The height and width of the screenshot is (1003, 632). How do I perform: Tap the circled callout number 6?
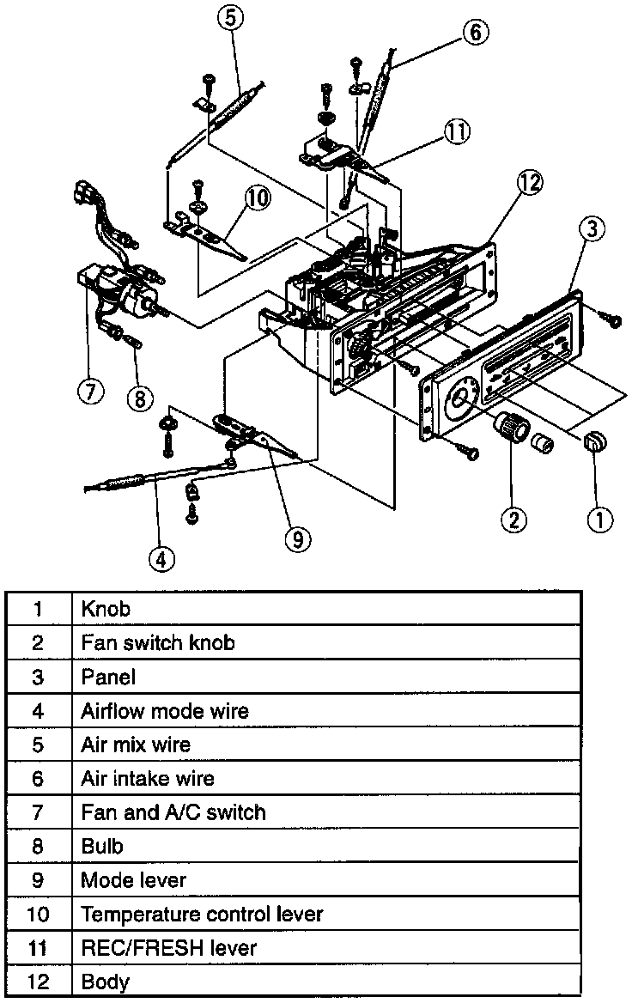(x=475, y=32)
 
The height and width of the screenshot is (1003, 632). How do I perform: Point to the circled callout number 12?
(x=531, y=182)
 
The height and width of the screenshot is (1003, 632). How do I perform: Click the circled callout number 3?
(x=592, y=228)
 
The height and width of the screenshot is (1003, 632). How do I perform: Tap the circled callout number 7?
(x=90, y=391)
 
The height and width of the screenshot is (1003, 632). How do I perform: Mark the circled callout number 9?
(x=297, y=538)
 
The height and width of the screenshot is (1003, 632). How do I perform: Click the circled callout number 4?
(x=161, y=558)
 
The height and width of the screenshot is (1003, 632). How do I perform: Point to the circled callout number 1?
(x=599, y=517)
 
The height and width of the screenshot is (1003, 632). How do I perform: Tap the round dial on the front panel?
(x=464, y=398)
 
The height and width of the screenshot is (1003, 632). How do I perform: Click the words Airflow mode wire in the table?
(x=165, y=711)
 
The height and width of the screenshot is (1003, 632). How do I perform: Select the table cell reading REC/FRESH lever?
(x=168, y=948)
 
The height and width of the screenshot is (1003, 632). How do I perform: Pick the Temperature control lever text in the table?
(x=202, y=914)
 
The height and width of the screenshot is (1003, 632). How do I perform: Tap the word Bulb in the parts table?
(x=102, y=846)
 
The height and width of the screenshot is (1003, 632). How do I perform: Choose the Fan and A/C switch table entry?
(x=173, y=812)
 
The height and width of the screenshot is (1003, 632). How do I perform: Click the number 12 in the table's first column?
(x=39, y=982)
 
